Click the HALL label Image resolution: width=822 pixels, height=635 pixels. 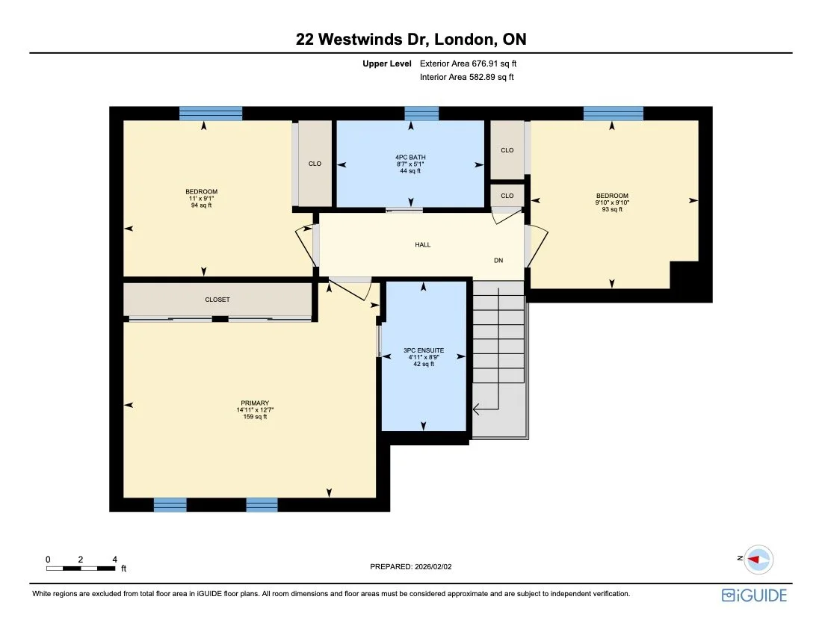tap(423, 245)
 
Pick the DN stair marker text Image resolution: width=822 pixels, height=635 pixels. tap(498, 261)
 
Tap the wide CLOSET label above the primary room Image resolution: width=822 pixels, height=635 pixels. tap(217, 300)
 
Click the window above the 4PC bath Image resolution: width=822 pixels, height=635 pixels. tap(421, 114)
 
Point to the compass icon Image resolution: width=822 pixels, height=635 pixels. tap(758, 559)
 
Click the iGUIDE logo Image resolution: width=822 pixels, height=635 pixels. tap(754, 595)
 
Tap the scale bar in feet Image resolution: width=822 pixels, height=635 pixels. tap(81, 568)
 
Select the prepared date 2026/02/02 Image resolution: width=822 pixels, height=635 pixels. tap(411, 567)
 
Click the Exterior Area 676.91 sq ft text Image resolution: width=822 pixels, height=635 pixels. tap(468, 64)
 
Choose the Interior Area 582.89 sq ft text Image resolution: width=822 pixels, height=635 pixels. tap(467, 77)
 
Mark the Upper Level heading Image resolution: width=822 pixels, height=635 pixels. tap(387, 64)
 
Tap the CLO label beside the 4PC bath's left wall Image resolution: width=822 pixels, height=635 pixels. tap(315, 164)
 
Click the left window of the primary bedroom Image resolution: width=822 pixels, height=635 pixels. tap(170, 505)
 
